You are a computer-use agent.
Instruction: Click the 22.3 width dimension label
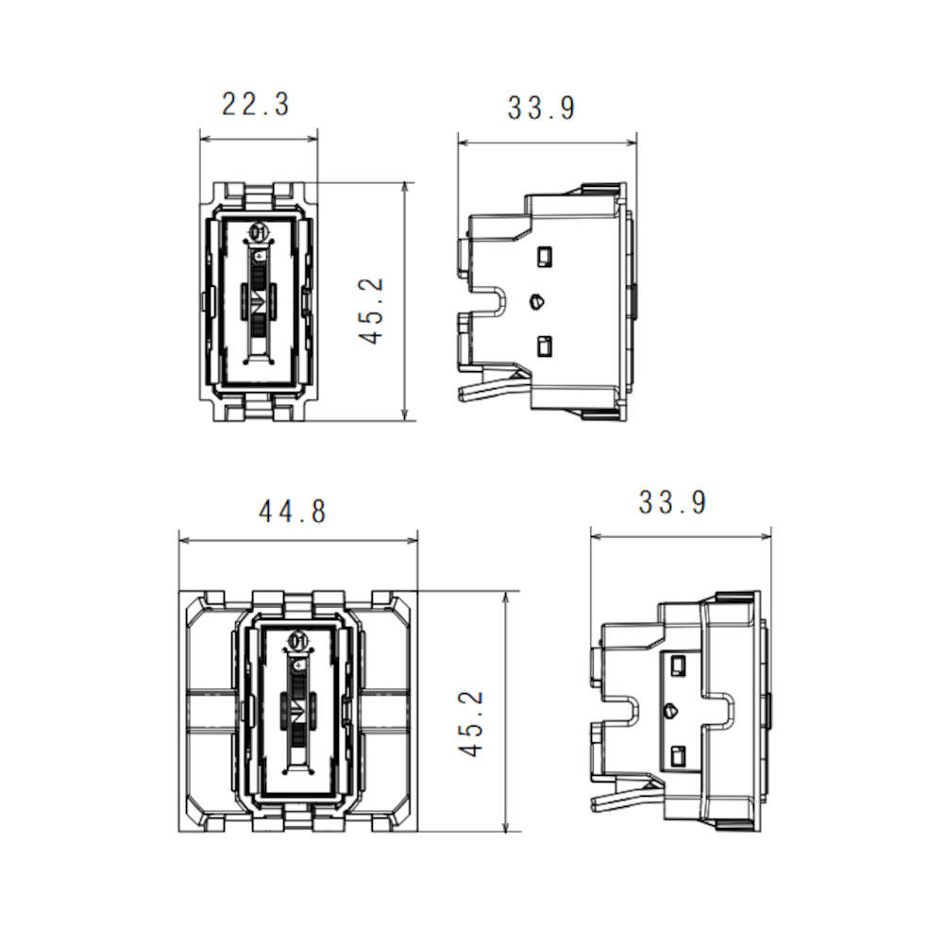255,104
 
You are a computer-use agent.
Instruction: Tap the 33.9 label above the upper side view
541,109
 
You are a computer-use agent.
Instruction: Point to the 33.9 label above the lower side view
672,502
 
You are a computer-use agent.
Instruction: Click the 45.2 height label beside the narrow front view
374,311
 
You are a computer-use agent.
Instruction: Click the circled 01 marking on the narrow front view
258,232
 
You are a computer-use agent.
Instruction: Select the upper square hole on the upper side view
544,256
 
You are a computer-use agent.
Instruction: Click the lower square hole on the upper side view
544,346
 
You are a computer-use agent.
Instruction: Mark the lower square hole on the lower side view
676,755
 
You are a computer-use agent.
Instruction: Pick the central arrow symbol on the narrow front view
257,302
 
